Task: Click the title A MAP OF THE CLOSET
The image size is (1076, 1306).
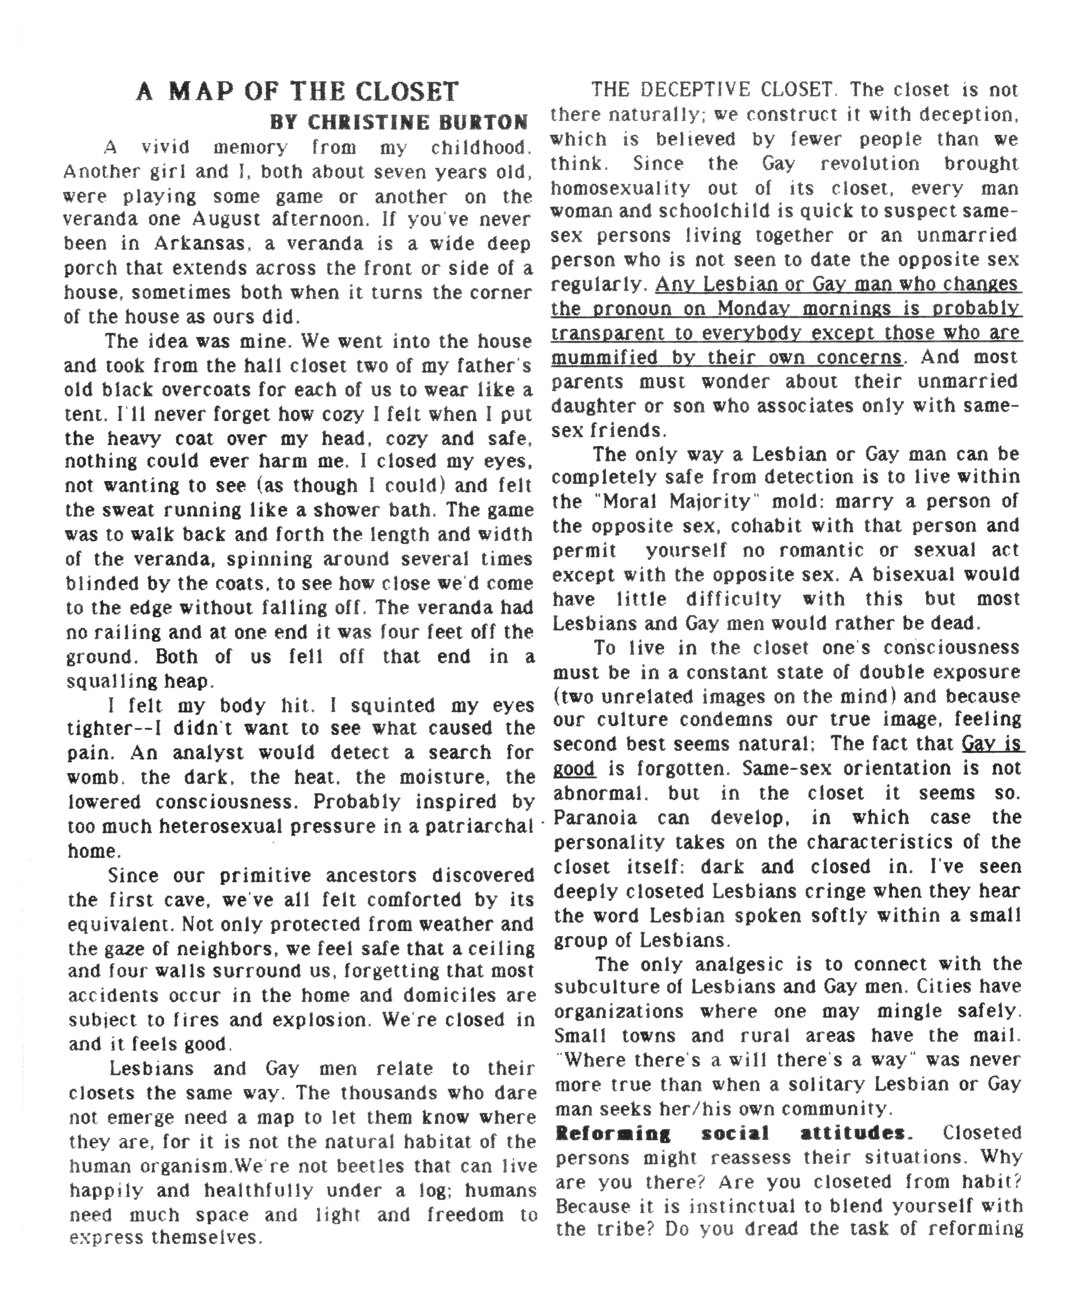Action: tap(297, 92)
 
